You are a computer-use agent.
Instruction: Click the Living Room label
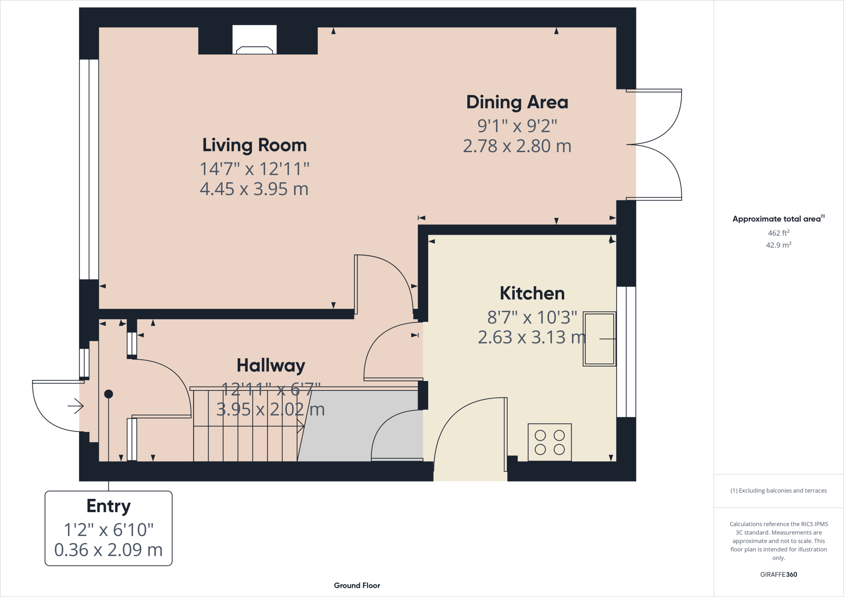click(254, 146)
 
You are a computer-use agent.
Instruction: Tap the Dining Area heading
click(517, 102)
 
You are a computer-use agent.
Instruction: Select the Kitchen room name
click(532, 294)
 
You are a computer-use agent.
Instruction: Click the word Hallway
click(271, 365)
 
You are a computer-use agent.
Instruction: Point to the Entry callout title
click(108, 506)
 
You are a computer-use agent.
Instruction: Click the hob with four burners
click(549, 442)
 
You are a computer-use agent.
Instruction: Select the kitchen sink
click(599, 339)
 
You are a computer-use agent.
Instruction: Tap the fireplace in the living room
click(254, 40)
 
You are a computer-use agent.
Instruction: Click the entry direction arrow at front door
click(76, 407)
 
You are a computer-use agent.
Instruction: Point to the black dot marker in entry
click(108, 394)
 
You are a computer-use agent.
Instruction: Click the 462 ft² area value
click(778, 233)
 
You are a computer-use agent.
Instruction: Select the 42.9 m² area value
click(778, 245)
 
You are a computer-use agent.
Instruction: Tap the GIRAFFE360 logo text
click(778, 574)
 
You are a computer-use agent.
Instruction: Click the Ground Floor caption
click(357, 585)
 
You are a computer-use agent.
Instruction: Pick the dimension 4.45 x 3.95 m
click(254, 189)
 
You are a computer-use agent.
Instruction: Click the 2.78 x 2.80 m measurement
click(517, 146)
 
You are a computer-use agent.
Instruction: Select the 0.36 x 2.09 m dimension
click(108, 550)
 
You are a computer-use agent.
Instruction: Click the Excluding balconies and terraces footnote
click(778, 491)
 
